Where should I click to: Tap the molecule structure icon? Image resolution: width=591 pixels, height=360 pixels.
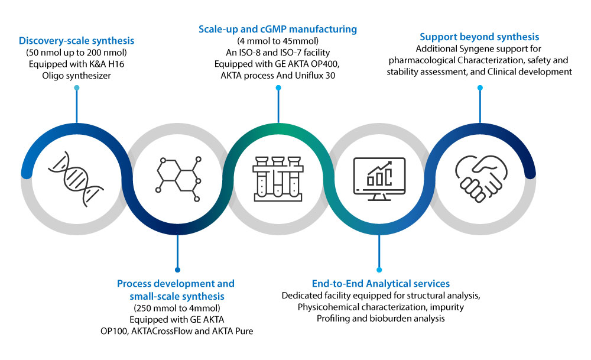tap(177, 174)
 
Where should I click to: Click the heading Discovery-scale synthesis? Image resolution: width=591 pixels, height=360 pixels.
tap(76, 41)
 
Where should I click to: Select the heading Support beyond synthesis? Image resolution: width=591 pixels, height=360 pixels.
tap(480, 37)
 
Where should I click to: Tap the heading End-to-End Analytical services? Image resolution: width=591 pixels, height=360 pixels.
tap(381, 283)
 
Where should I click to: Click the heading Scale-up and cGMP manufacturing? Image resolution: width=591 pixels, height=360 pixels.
tap(278, 29)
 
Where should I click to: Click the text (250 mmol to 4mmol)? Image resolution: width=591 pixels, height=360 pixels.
tap(177, 307)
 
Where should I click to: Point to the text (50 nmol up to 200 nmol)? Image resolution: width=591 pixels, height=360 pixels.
tap(77, 53)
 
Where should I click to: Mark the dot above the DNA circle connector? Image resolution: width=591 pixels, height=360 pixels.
tap(76, 88)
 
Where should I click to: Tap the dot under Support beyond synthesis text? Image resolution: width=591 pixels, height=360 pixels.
tap(480, 87)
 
